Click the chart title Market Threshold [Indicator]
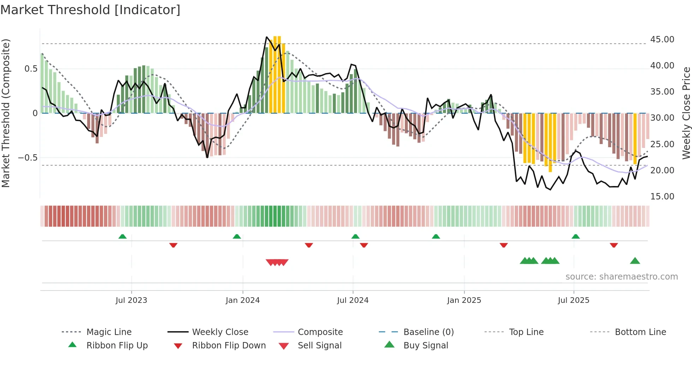(90, 10)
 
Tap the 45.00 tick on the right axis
(662, 39)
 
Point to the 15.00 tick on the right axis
(662, 196)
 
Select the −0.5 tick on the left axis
(28, 157)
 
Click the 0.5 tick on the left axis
(31, 68)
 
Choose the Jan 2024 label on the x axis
(243, 300)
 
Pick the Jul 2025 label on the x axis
(573, 300)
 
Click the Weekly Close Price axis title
(686, 113)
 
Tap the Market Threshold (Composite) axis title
(6, 113)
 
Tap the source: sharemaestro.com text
(621, 276)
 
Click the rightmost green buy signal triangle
(635, 261)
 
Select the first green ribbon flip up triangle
(123, 236)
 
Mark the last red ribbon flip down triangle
(614, 245)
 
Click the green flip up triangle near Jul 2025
(575, 236)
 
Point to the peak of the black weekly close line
(267, 37)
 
